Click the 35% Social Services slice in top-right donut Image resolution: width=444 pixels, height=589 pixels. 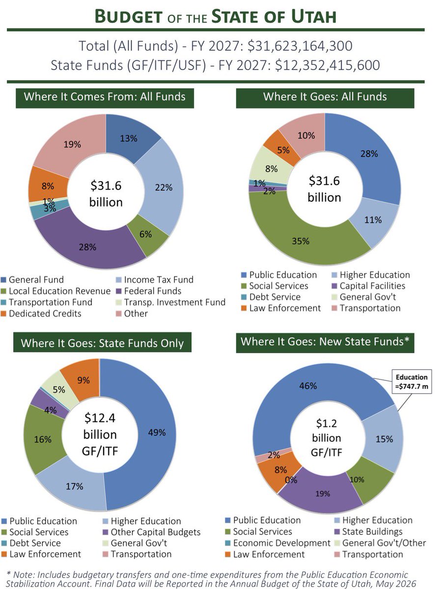(300, 241)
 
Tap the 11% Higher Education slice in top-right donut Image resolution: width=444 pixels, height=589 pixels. (374, 220)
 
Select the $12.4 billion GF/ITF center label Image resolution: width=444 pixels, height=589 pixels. (100, 434)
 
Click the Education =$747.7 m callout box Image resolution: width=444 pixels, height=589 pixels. (412, 381)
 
